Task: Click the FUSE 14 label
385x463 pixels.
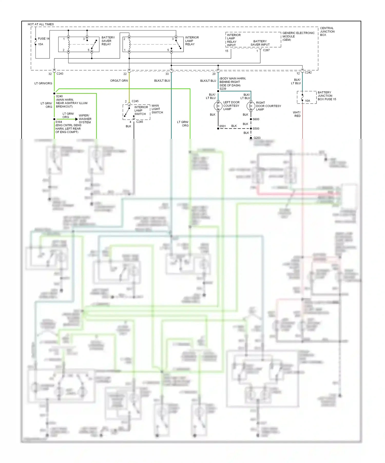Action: (43, 39)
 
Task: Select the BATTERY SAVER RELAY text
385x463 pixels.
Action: (108, 41)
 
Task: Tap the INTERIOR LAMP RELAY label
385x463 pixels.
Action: (192, 41)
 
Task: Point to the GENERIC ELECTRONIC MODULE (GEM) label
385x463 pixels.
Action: (298, 36)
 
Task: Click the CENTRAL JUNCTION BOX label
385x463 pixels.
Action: (327, 32)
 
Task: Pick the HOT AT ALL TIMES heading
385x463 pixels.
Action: (41, 24)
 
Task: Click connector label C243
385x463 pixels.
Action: (60, 74)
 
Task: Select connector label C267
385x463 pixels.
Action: (266, 50)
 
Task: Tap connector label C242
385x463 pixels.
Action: (308, 73)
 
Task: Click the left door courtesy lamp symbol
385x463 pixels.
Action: (218, 106)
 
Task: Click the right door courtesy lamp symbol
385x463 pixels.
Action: (251, 106)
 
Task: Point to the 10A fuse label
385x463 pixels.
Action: (307, 101)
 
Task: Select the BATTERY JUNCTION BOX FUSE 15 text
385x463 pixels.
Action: (326, 96)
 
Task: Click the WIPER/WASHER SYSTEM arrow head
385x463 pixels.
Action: (76, 119)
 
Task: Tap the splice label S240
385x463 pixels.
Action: (59, 96)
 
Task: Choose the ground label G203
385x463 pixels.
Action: (257, 138)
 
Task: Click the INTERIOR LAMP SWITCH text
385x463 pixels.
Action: (141, 111)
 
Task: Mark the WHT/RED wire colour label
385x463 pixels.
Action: (297, 114)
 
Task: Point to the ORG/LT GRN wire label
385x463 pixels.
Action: (119, 81)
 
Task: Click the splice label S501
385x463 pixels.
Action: (223, 126)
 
